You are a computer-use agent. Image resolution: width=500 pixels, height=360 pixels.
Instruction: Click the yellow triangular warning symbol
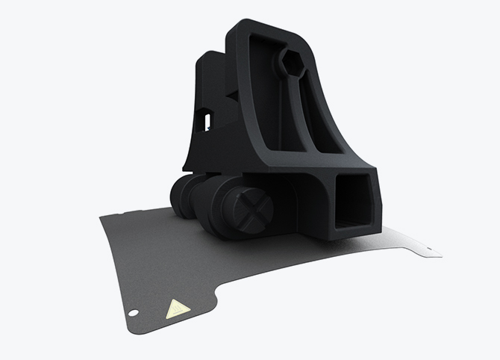pos(177,308)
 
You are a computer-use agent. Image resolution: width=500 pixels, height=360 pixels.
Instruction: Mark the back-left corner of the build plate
pos(103,217)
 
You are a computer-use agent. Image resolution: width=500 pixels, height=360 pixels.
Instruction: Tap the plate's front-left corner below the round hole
pos(131,329)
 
